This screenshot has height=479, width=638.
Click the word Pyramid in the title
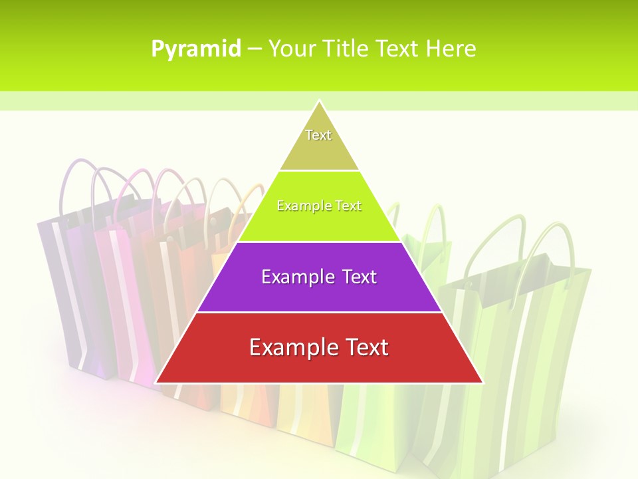pyautogui.click(x=196, y=49)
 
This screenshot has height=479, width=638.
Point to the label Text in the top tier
pyautogui.click(x=318, y=135)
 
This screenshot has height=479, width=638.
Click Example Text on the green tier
pyautogui.click(x=319, y=206)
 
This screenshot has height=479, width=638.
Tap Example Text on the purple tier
pyautogui.click(x=319, y=277)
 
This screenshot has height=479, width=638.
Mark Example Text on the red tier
pyautogui.click(x=319, y=347)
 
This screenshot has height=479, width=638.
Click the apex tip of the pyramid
pyautogui.click(x=320, y=102)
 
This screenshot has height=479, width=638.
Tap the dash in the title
pyautogui.click(x=254, y=49)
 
